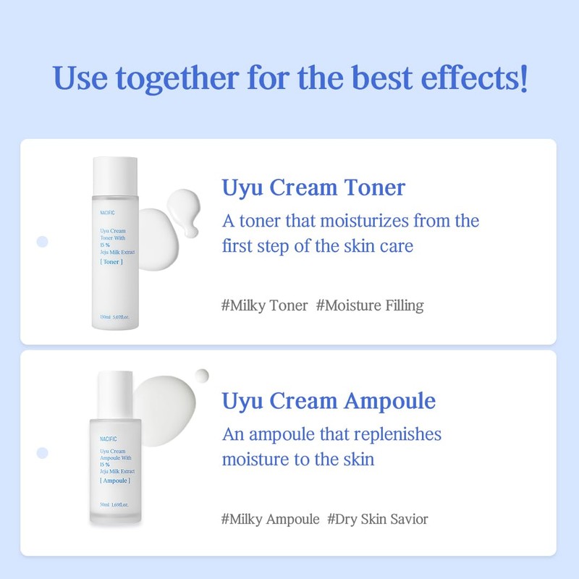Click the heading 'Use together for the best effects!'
point(289,78)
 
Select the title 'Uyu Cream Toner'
point(313,187)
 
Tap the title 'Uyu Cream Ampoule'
point(329,401)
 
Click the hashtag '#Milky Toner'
point(264,305)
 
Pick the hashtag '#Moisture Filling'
point(370,305)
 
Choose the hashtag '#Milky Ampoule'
point(270,519)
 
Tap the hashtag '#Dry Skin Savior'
point(378,519)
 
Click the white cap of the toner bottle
point(115,174)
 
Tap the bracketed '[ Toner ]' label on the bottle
point(111,261)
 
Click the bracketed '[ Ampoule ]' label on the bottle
point(115,481)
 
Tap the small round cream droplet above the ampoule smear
point(202,375)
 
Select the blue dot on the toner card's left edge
point(42,241)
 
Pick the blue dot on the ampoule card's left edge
point(42,452)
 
